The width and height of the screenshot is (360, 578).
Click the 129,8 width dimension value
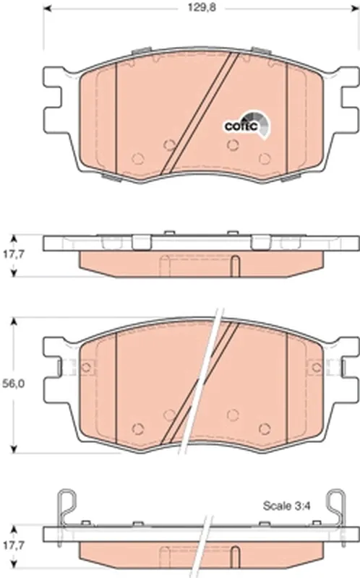(202, 8)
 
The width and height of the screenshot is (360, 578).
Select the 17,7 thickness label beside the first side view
(14, 254)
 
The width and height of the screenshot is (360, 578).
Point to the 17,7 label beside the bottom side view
(14, 545)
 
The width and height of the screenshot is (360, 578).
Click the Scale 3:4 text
(286, 506)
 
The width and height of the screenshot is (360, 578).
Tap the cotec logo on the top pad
(247, 125)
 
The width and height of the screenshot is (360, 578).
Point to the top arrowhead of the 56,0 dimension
(14, 322)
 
